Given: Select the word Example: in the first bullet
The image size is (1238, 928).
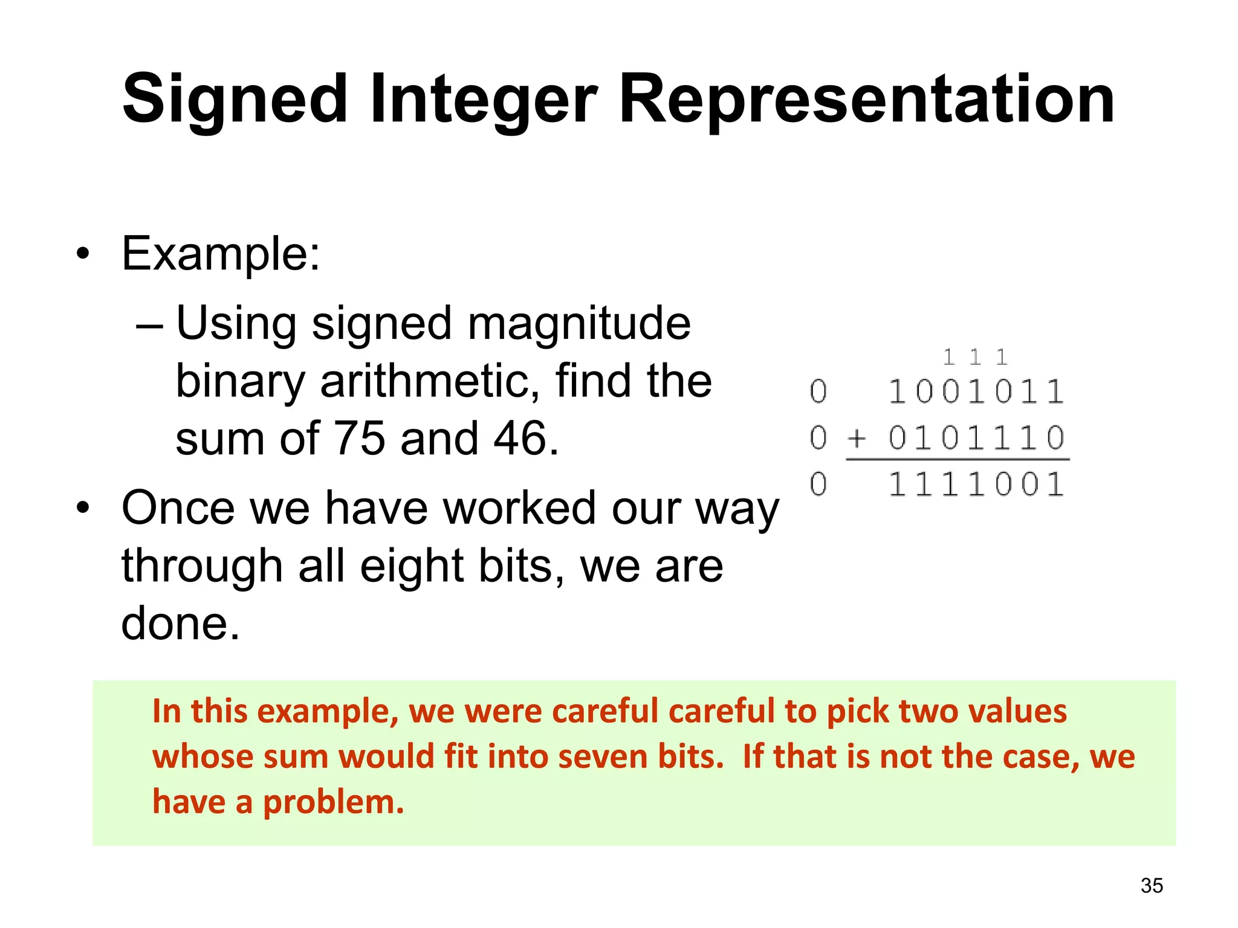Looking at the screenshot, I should (221, 254).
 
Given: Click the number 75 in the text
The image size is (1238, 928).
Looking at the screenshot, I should (359, 438).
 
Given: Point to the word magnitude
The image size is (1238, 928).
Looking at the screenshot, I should (578, 324).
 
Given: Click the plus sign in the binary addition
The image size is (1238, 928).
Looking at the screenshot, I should (857, 437).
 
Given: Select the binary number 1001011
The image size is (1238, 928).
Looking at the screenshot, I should (976, 391).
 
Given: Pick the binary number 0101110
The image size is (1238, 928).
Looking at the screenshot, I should (976, 437).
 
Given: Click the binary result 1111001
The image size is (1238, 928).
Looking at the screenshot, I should (976, 485).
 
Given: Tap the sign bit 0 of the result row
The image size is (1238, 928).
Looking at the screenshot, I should (818, 485).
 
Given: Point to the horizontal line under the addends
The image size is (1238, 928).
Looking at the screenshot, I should (958, 460).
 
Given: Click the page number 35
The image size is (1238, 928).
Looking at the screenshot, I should (1152, 886).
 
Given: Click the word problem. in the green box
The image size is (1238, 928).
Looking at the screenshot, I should (333, 803).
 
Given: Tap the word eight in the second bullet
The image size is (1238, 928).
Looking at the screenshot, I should (411, 566).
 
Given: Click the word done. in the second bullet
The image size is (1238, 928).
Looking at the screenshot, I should (180, 623).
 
